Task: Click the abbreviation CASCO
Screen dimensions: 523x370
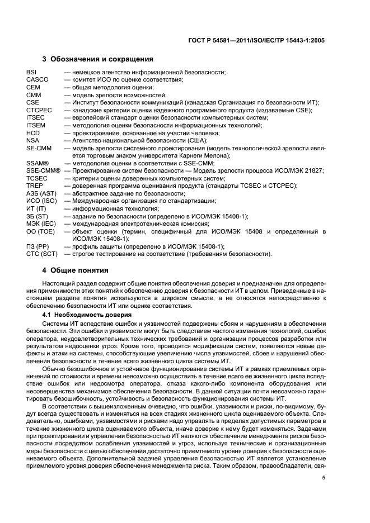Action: point(37,80)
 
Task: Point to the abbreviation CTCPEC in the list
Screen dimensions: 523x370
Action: point(39,110)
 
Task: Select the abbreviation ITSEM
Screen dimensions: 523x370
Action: point(35,125)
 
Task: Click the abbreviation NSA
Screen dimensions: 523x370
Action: point(32,140)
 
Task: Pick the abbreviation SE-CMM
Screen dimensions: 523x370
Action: point(39,148)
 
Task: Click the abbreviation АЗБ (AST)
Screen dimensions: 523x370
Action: point(41,193)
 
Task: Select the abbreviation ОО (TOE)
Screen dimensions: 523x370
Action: point(41,231)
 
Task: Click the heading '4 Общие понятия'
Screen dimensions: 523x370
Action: point(76,270)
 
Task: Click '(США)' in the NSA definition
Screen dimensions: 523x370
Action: point(197,140)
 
